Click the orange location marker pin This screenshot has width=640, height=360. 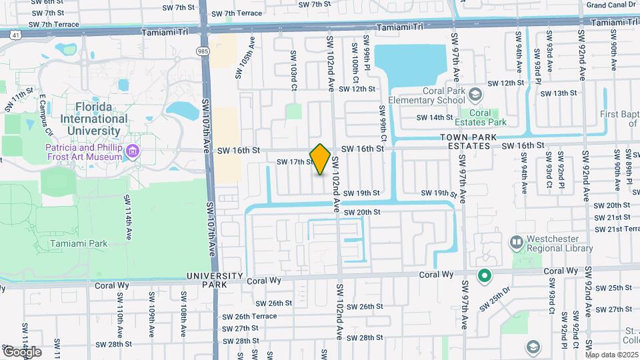tap(320, 159)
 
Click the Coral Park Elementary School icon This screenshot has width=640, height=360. tap(474, 93)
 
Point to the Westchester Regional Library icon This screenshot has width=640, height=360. tap(516, 241)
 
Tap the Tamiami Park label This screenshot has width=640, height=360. tap(79, 243)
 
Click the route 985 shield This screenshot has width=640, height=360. tap(201, 51)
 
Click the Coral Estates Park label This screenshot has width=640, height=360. tap(487, 117)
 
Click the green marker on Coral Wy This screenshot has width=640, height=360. tap(485, 275)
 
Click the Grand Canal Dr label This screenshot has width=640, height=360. tap(610, 5)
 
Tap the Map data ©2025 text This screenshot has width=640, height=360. tap(611, 355)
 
